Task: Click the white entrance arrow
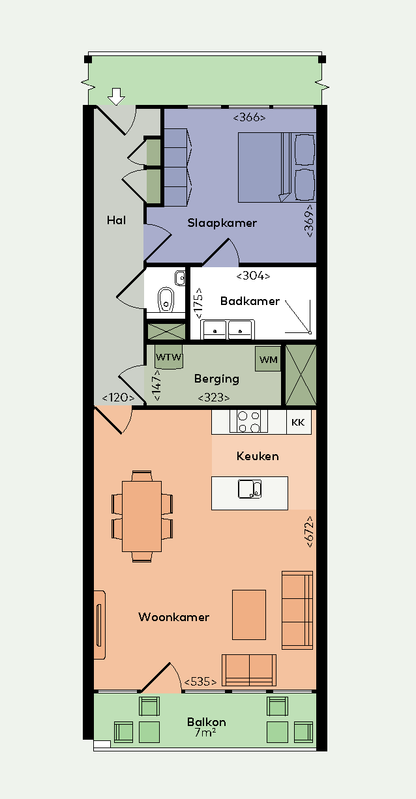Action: tap(116, 96)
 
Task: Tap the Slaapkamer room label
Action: tap(222, 223)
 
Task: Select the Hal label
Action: tap(116, 220)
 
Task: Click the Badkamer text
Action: tap(250, 301)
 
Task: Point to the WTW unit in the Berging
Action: tap(168, 356)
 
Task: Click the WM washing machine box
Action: tap(268, 359)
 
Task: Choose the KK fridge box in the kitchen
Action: tap(299, 422)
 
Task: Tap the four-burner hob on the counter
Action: tap(248, 422)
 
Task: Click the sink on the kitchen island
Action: tap(250, 489)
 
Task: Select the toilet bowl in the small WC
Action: tap(166, 299)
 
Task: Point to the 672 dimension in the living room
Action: tap(309, 532)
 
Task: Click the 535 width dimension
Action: tap(200, 682)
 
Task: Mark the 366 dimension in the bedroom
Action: tap(249, 117)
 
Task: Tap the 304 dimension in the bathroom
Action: tap(253, 276)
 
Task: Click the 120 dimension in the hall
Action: tap(118, 398)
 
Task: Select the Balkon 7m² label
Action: tap(207, 727)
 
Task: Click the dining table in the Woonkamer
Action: tap(141, 517)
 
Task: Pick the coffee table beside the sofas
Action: tap(249, 615)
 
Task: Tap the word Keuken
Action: tap(258, 456)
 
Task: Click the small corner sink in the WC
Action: tap(180, 278)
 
